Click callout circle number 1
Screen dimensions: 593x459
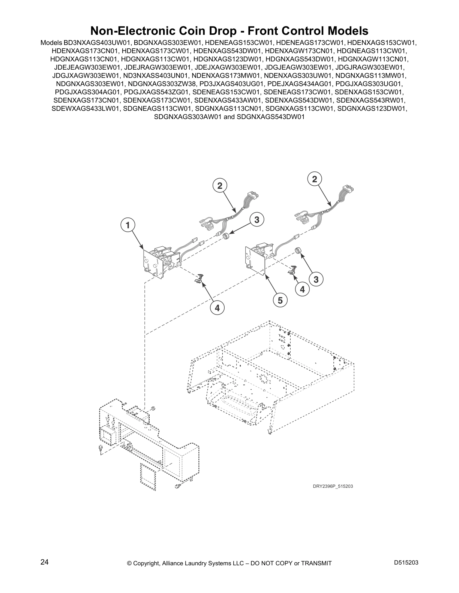128,225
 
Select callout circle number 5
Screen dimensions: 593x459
280,300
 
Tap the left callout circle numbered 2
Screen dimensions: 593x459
220,185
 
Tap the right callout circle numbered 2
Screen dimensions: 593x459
315,179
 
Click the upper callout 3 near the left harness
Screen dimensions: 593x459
257,220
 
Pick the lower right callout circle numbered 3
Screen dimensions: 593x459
316,279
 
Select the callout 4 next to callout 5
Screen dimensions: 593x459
302,289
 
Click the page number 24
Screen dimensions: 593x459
44,562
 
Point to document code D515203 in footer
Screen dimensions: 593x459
406,563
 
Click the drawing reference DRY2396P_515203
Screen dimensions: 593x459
333,486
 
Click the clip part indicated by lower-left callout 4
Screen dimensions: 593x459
199,278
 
